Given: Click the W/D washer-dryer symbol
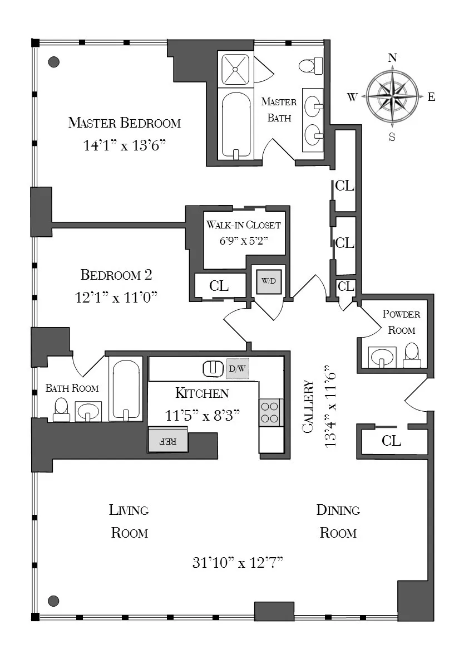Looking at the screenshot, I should pos(268,281).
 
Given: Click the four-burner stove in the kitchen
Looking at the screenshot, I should pos(271,412).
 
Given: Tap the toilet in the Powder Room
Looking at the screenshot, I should pos(412,355).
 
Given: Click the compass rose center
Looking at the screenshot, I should pos(392,96).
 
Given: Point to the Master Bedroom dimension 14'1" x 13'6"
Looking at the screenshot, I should pos(125,146).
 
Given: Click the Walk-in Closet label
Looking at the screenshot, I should pos(244,225).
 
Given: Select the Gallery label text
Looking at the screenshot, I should pos(308,407).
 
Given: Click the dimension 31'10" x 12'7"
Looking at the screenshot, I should pos(238,563).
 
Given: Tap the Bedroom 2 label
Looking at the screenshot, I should pos(116,275).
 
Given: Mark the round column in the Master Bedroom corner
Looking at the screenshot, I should pos(54,62).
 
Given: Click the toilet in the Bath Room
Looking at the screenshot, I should pos(61,409).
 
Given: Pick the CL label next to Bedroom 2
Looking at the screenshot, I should pos(219,286).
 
